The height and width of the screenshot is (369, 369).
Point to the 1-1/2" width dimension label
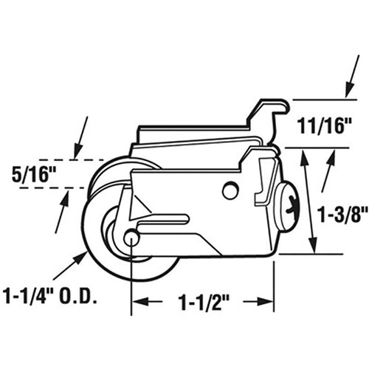[199, 300]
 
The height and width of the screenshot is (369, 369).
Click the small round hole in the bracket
[230, 190]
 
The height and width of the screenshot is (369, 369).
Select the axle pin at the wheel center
[132, 238]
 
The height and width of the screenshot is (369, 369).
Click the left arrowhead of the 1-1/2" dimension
[137, 300]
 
